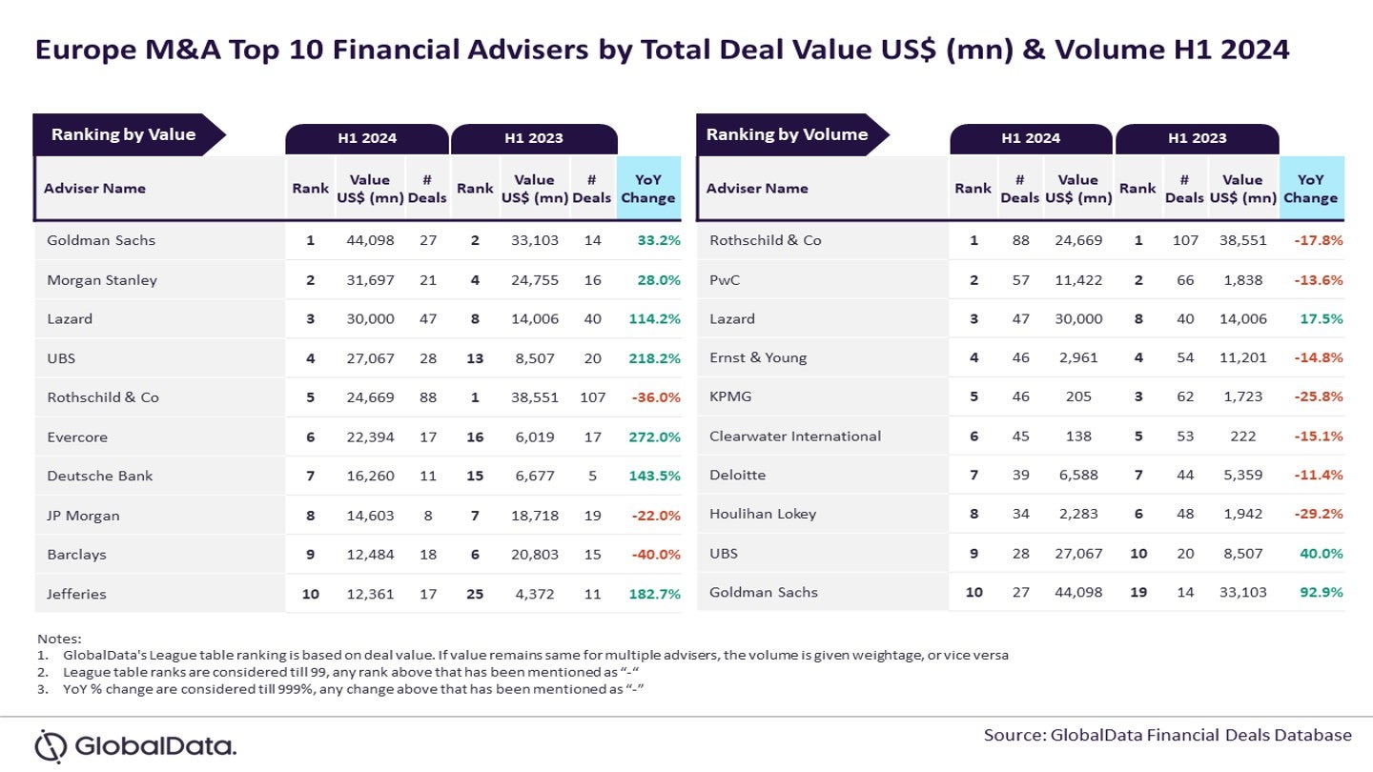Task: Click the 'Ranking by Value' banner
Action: tap(124, 134)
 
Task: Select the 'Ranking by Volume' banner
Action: tap(788, 134)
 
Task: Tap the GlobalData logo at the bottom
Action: tap(135, 745)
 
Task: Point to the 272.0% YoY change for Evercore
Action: tap(654, 437)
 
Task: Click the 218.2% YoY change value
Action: tap(654, 358)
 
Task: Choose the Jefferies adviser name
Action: tap(77, 594)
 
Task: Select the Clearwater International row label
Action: tap(795, 436)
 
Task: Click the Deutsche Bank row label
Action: tap(100, 476)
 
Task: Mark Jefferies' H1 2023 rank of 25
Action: tap(474, 594)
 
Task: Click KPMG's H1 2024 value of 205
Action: tap(1078, 396)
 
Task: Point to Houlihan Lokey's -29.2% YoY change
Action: tap(1318, 514)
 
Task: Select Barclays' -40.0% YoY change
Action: tap(654, 555)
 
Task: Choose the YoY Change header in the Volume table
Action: tap(1310, 189)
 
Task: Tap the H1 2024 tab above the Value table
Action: tap(367, 138)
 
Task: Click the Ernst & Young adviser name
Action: tap(758, 357)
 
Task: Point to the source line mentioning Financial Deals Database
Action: tap(1168, 735)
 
